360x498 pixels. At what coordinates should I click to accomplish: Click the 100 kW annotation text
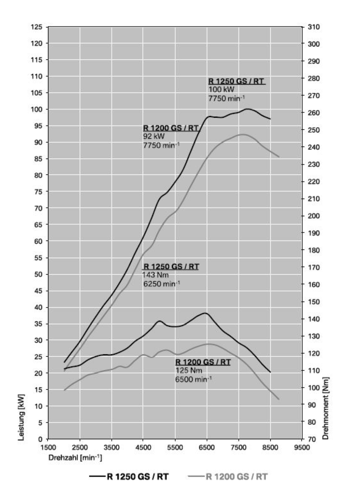pos(221,90)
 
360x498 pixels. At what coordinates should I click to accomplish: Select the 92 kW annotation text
pos(154,137)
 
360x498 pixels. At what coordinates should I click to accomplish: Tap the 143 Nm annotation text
pos(156,275)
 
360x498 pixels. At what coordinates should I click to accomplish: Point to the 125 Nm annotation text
pos(188,371)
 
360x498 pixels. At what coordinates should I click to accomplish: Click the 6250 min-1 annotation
pos(161,284)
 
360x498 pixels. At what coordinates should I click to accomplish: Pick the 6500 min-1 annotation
pos(193,379)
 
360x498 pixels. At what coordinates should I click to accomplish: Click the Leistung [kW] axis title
pos(21,417)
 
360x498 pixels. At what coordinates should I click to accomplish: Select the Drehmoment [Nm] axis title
pos(326,408)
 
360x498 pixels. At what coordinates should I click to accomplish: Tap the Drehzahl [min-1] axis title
pos(75,458)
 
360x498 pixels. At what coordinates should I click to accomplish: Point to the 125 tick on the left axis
pos(37,27)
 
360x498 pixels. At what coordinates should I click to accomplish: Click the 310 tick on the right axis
pos(314,27)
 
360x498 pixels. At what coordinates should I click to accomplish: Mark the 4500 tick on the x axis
pos(143,448)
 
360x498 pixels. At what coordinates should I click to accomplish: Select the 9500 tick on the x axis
pos(302,448)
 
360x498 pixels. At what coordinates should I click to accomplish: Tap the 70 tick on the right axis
pos(312,440)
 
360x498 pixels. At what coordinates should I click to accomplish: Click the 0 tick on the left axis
pos(40,439)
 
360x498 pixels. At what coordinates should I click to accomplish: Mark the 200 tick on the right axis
pos(314,216)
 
